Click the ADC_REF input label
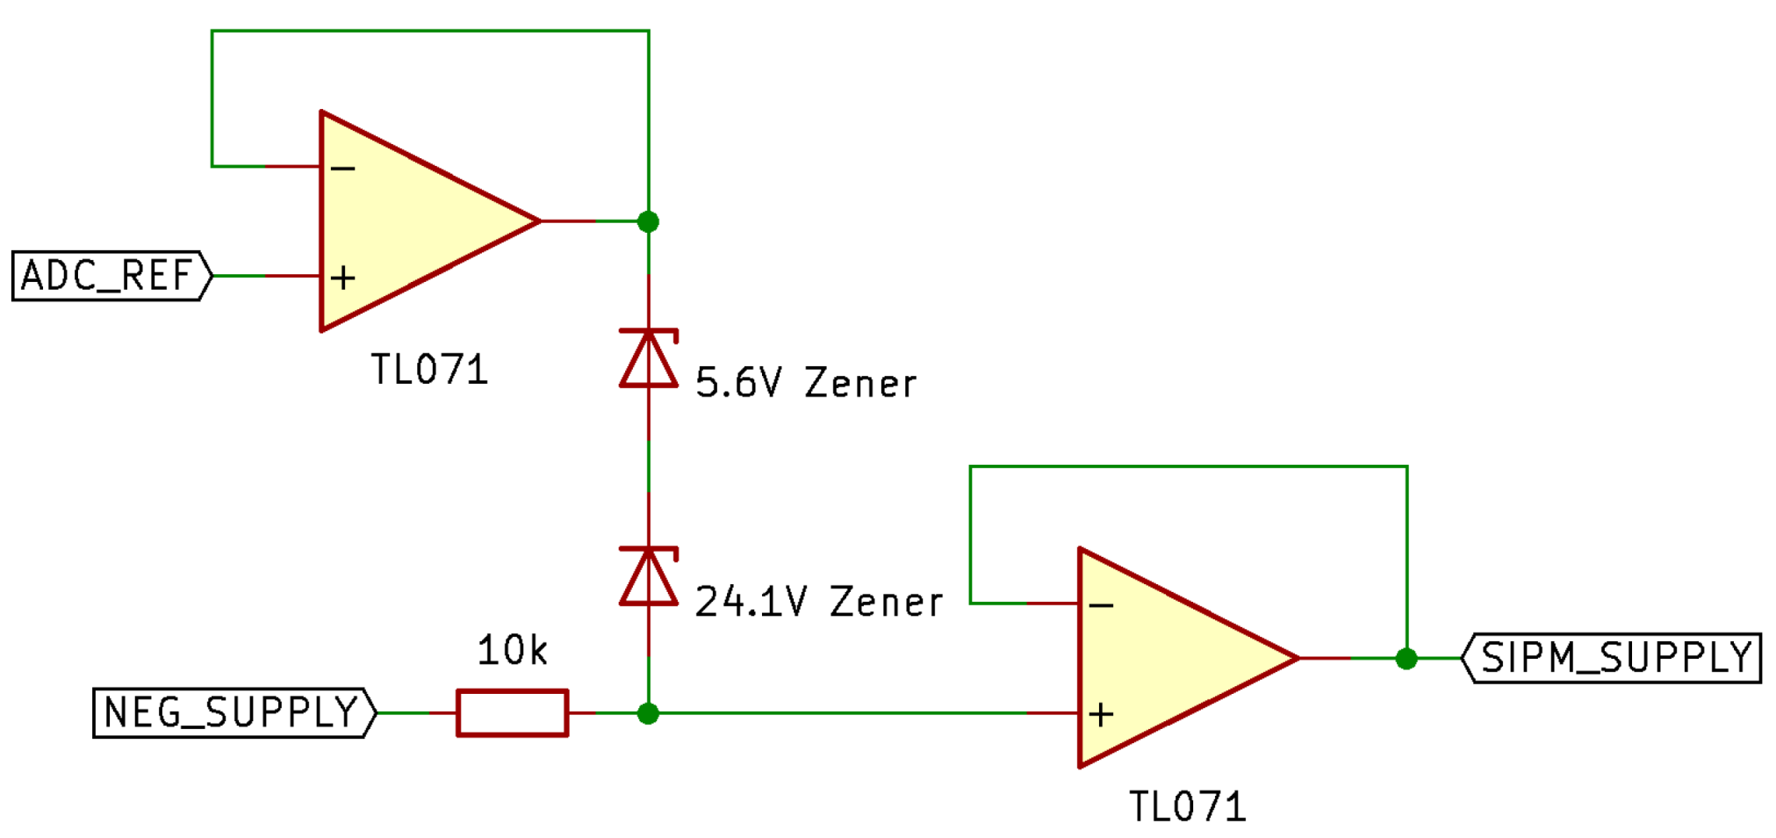pos(110,276)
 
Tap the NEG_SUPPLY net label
pos(233,712)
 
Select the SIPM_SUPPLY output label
pos(1614,658)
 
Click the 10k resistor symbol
pos(512,712)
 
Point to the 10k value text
pos(512,651)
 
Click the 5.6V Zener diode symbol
pos(649,358)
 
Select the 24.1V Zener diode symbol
pos(649,576)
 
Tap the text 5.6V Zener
pos(805,384)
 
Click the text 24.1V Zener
pos(818,603)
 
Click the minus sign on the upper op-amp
pos(343,168)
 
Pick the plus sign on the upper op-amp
pos(343,278)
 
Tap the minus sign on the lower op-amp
pos(1101,605)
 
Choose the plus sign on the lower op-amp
pos(1101,714)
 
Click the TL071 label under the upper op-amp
pos(429,370)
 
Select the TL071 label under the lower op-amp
pos(1187,807)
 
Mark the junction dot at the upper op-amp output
pos(648,221)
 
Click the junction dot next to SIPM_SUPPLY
pos(1406,658)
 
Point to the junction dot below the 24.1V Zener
pos(648,713)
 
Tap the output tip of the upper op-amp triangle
pos(537,221)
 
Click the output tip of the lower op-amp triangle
pos(1296,658)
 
